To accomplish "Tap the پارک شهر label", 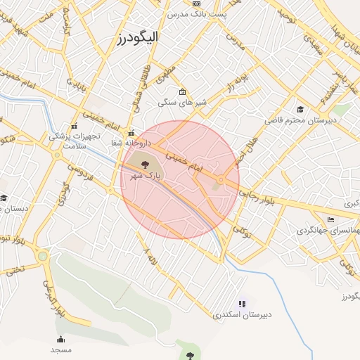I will coord(147,175).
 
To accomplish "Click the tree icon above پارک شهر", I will coord(144,164).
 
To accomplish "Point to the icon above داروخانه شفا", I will coord(129,133).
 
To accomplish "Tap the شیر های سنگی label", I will coord(191,103).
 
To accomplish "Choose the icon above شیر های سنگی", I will coord(183,91).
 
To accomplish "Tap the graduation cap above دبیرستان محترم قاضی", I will coord(300,109).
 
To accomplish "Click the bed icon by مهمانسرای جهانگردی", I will coord(330,220).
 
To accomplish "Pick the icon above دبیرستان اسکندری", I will coord(242,304).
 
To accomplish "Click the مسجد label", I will coord(60,349).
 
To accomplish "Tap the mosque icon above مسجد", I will coord(60,339).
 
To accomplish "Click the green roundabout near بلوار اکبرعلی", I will coord(43,257).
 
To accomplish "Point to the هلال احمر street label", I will coord(246,150).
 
